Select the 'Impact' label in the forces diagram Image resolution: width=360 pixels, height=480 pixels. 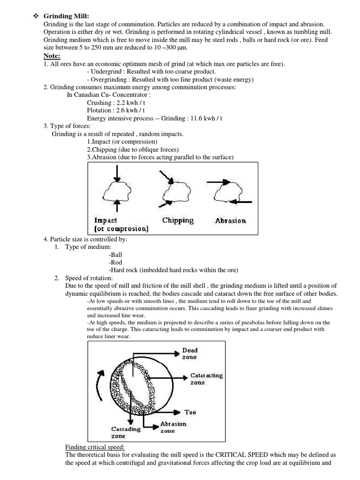click(x=106, y=220)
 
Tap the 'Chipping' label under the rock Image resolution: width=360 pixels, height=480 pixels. click(x=178, y=220)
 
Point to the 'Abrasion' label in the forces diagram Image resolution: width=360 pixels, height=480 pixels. click(x=230, y=221)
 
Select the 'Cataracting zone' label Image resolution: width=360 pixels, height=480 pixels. click(x=206, y=379)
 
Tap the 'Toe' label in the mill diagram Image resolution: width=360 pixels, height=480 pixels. click(x=190, y=412)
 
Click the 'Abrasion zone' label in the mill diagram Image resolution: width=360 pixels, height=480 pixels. click(x=173, y=427)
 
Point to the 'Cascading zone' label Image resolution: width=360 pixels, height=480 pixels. click(x=126, y=432)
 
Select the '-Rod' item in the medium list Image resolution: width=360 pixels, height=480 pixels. click(x=115, y=262)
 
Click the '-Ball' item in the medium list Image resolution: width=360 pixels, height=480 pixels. click(x=115, y=255)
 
